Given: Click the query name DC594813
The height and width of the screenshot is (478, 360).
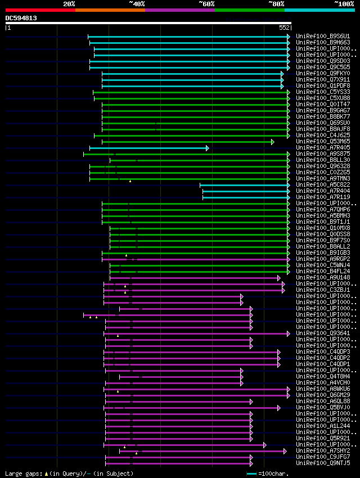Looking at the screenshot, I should (21, 18).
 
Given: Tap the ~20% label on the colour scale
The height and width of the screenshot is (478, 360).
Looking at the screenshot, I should (69, 3).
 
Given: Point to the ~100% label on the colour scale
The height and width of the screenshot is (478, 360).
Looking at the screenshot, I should (344, 3).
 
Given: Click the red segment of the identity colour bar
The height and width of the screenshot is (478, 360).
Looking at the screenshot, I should (40, 10).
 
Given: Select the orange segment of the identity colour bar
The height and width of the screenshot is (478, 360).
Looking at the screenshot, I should (110, 10).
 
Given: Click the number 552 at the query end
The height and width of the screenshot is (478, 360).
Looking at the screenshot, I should (284, 28).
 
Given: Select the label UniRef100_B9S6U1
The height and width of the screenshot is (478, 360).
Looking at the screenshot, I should (323, 37).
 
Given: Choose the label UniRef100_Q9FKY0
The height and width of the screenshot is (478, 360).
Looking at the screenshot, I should (323, 74).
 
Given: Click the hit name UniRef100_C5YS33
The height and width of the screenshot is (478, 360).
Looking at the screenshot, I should (323, 92).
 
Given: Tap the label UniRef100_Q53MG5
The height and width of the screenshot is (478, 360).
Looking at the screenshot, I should (323, 142).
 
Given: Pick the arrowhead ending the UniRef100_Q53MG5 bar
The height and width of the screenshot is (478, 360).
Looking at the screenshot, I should (273, 142).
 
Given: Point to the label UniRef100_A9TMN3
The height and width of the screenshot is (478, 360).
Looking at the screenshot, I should (323, 179).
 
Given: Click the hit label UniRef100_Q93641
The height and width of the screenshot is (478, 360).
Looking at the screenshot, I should (323, 333).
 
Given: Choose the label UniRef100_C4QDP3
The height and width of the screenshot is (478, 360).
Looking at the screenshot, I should (323, 352).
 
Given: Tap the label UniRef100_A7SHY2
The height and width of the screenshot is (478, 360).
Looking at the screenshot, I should (323, 451).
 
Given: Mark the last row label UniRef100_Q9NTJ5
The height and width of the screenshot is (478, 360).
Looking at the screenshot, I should (323, 463).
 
